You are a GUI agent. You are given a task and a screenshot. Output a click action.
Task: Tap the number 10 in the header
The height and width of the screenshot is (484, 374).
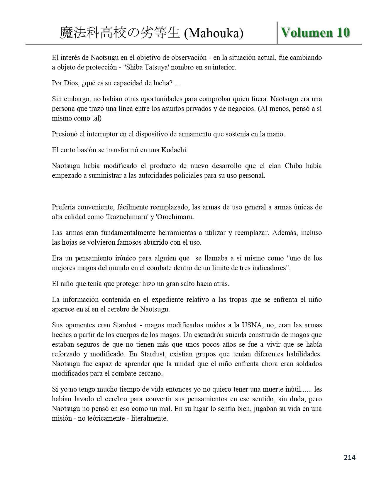(x=343, y=33)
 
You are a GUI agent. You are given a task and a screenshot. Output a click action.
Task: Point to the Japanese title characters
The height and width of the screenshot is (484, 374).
(x=120, y=33)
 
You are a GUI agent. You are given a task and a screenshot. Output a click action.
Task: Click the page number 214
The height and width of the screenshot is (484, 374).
(x=350, y=457)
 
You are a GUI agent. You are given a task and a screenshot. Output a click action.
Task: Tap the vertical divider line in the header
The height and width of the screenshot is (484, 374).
(x=277, y=33)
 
